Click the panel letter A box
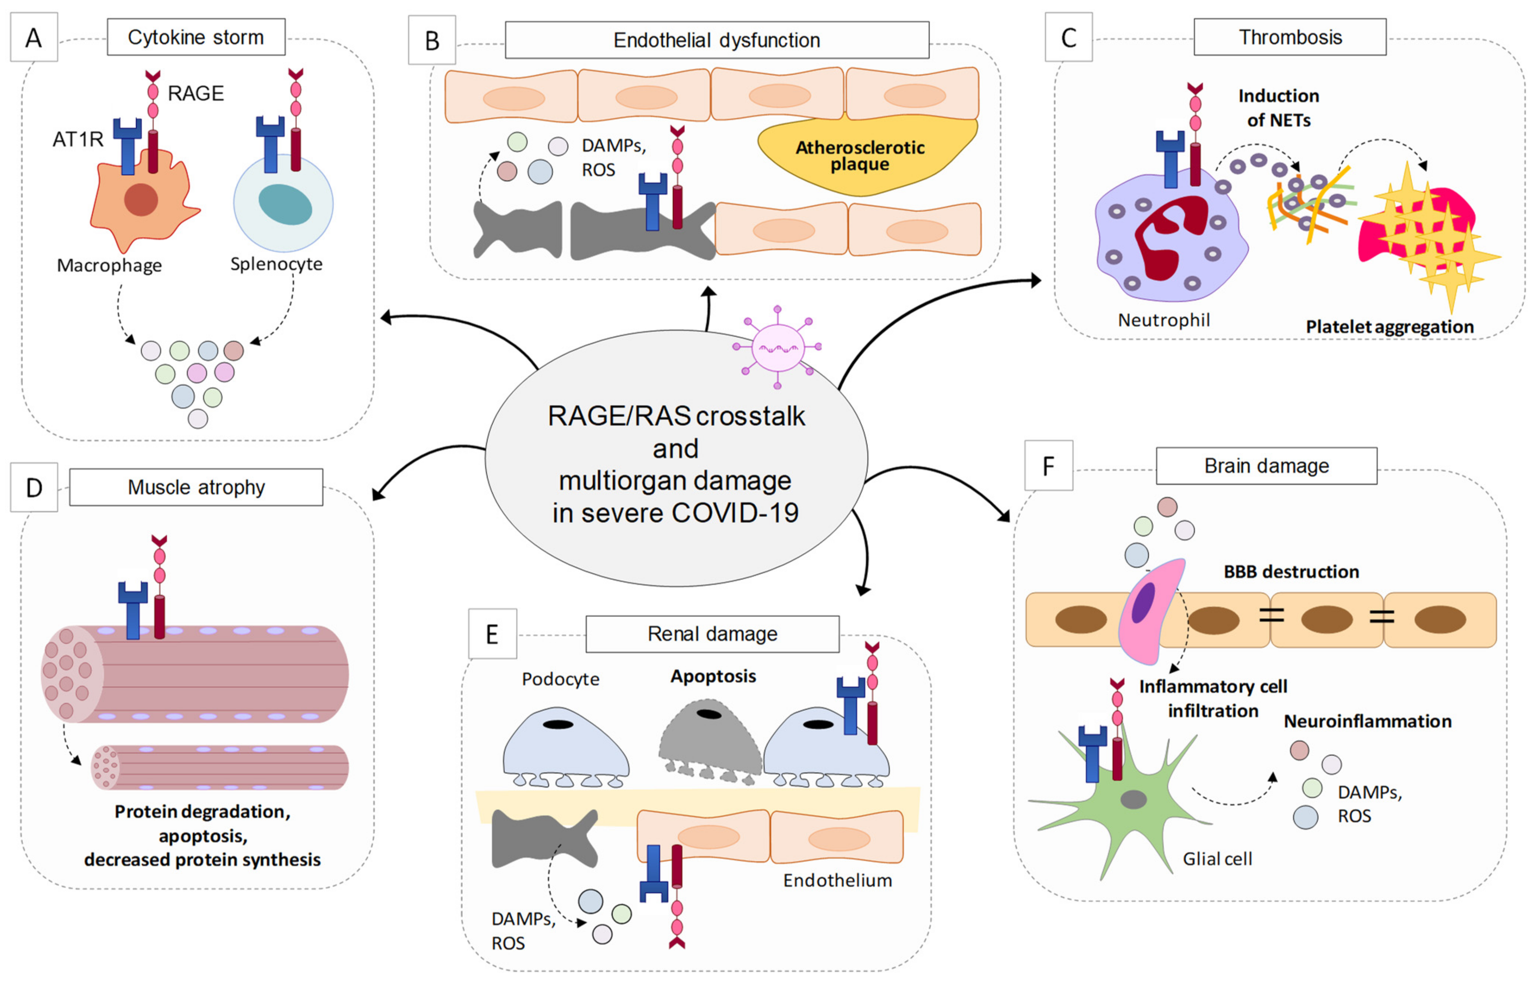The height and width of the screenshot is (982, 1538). [34, 38]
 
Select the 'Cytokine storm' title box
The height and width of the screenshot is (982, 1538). [196, 37]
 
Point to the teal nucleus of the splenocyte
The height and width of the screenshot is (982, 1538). [285, 204]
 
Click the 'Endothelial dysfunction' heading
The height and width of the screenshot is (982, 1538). [717, 40]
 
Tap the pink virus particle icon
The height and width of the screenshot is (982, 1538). [777, 348]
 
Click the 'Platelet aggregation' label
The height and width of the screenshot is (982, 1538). [1389, 327]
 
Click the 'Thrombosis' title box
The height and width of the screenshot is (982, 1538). [1290, 37]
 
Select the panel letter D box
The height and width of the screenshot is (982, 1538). [34, 488]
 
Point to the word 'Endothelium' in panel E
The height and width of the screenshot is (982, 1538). [837, 880]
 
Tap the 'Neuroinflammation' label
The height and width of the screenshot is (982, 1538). [1367, 722]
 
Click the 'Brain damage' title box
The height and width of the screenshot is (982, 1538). [1266, 466]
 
